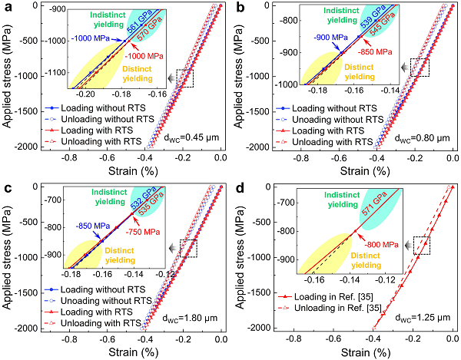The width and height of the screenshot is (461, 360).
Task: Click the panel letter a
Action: (5, 7)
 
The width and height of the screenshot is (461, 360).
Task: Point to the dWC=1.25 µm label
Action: (422, 315)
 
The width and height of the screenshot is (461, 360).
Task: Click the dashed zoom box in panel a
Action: (184, 78)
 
